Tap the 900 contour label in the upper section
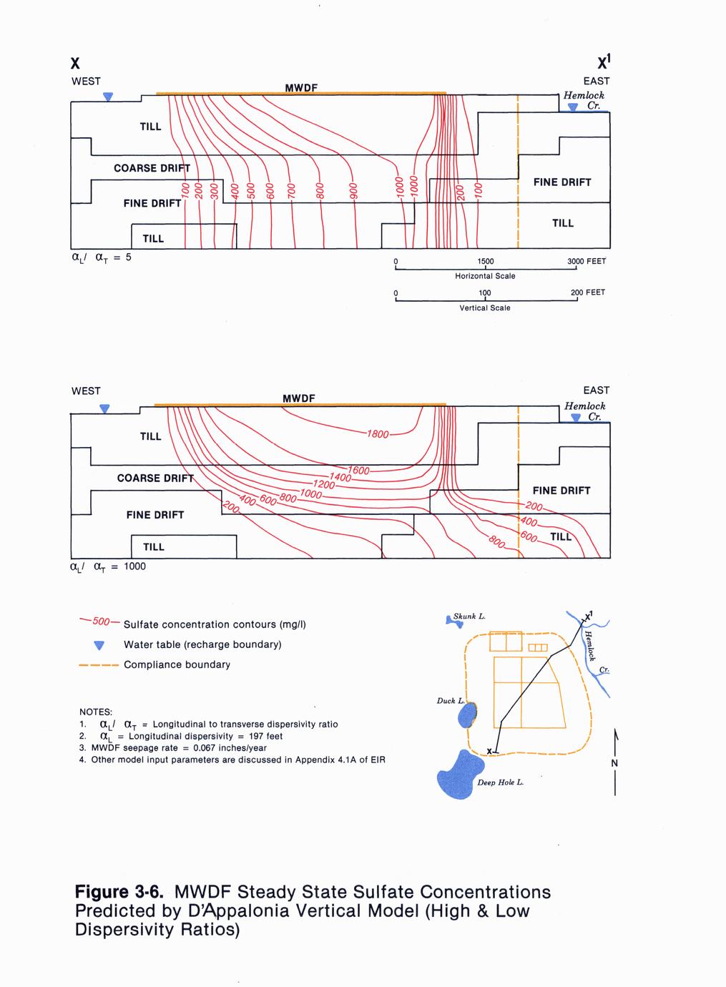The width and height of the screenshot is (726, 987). pos(353,192)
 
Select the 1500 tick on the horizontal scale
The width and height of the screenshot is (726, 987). pos(485,261)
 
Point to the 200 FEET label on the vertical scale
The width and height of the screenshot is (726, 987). pos(588,292)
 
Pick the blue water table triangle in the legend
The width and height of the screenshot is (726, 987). pos(99,645)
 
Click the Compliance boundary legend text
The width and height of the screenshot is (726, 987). pos(177,664)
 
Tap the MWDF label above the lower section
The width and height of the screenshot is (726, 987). pos(299,398)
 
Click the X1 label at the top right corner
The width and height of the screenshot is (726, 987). pos(599,60)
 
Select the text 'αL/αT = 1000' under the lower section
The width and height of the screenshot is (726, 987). pos(108,566)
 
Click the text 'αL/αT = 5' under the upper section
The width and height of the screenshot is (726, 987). pos(101,257)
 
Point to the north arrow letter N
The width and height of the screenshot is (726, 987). pos(614,763)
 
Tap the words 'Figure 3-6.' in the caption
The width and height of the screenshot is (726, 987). pos(120,893)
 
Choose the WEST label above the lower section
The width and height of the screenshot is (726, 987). pos(86,391)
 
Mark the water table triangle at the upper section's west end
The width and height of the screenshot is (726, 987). pos(108,97)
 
